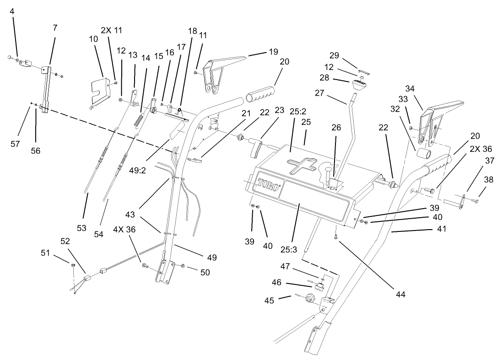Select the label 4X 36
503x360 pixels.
tap(125, 230)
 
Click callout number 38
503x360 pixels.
tap(489, 180)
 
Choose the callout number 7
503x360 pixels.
tap(55, 27)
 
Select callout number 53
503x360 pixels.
tap(81, 215)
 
